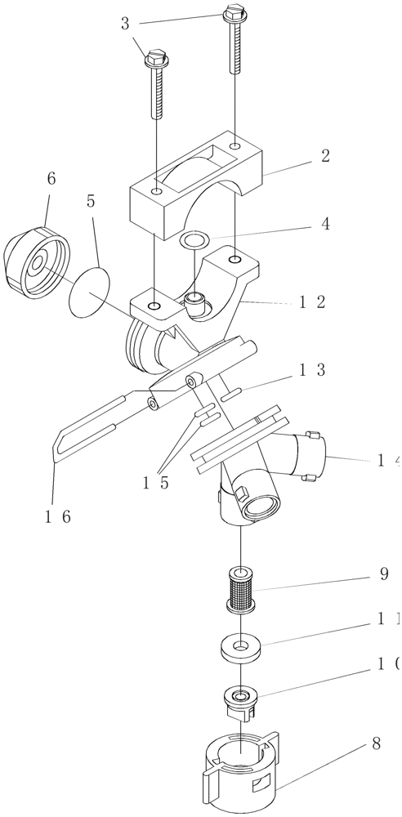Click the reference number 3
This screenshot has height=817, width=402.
coord(125,24)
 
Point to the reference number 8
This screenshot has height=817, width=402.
coord(375,744)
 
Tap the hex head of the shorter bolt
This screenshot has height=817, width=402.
coord(155,59)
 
